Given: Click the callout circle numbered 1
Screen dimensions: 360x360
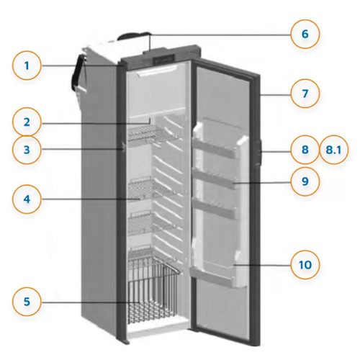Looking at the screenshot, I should (x=27, y=68).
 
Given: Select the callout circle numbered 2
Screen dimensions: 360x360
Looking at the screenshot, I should (x=27, y=122).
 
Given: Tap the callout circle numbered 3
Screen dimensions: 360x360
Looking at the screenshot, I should (x=27, y=150).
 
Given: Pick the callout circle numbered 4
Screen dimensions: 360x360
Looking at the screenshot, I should (x=27, y=198).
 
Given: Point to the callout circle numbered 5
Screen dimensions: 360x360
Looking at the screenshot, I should (x=27, y=301).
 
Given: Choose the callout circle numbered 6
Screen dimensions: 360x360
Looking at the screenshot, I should (x=305, y=33).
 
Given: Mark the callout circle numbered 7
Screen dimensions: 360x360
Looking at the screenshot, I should (x=305, y=94).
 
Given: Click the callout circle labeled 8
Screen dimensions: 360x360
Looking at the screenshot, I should (x=305, y=150).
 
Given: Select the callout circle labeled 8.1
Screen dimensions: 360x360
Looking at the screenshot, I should (x=333, y=150).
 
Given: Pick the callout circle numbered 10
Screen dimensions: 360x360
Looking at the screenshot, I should (x=305, y=264).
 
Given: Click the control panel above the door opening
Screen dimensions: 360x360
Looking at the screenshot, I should (x=162, y=58).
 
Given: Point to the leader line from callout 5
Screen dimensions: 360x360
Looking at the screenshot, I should (x=86, y=301).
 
